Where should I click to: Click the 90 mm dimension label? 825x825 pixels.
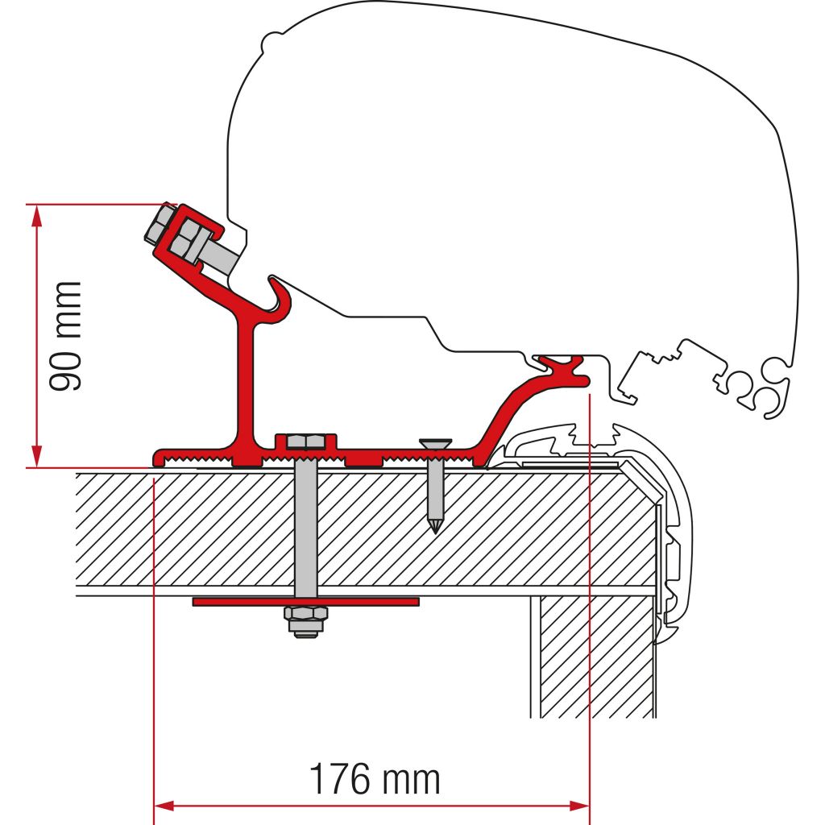pyautogui.click(x=65, y=336)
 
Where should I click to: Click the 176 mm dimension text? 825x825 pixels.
pyautogui.click(x=375, y=780)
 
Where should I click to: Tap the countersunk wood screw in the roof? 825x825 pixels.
pyautogui.click(x=435, y=483)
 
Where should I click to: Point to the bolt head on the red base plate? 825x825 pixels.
pyautogui.click(x=305, y=442)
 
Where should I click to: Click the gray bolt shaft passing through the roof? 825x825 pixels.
pyautogui.click(x=306, y=524)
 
